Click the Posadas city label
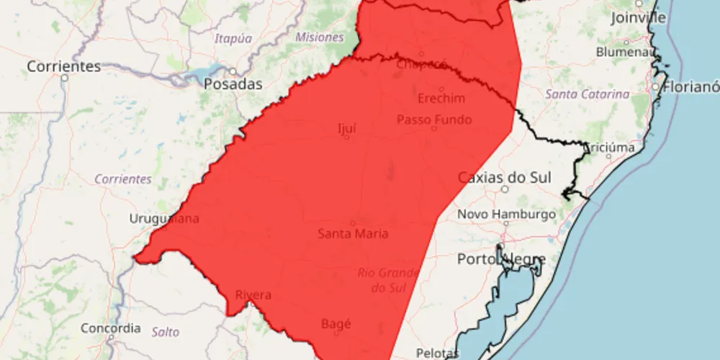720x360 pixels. [233, 84]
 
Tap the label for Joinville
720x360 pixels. [639, 18]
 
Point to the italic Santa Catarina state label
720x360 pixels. [587, 94]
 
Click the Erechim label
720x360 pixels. [441, 99]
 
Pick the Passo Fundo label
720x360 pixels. [434, 120]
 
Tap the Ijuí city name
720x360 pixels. [347, 129]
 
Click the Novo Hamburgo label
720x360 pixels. [506, 215]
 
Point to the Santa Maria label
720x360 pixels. [353, 233]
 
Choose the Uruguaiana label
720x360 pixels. [164, 219]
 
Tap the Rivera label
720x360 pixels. [253, 295]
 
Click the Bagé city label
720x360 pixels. [336, 324]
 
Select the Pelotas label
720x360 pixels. [438, 353]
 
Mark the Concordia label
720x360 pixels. [111, 328]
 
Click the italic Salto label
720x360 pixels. [166, 332]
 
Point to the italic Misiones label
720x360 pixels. [319, 37]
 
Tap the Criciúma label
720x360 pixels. [610, 147]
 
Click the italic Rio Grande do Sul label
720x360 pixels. [388, 281]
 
